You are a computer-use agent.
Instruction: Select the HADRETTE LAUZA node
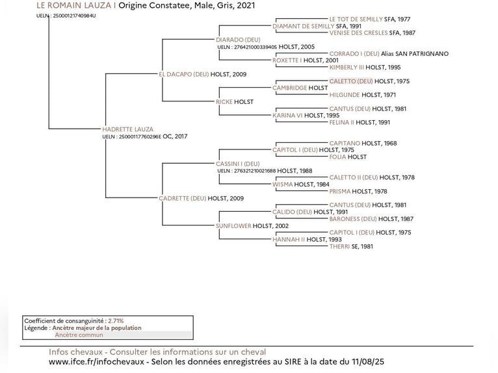click(128, 129)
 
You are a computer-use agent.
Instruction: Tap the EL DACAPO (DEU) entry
click(184, 74)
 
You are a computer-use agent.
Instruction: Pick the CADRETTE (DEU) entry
click(183, 198)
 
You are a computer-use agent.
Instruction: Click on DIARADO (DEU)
click(238, 40)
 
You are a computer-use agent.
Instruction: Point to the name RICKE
click(224, 101)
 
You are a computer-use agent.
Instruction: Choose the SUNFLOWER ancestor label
click(233, 225)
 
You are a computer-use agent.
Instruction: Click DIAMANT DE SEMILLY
click(303, 26)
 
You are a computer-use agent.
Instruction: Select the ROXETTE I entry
click(287, 60)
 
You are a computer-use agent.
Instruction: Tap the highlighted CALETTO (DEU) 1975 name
click(351, 81)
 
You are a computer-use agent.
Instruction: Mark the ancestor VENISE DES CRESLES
click(358, 32)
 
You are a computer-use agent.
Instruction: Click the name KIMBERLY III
click(347, 67)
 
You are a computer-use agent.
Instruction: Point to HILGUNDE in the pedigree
click(345, 95)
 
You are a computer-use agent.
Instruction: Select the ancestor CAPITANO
click(345, 143)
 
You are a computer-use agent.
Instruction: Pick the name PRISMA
click(340, 191)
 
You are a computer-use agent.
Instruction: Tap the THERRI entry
click(339, 246)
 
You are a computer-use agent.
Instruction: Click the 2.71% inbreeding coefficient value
click(116, 321)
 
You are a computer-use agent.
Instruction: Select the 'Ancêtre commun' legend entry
click(79, 335)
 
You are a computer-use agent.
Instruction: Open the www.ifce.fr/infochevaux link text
click(98, 361)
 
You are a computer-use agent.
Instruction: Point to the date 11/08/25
click(367, 361)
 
